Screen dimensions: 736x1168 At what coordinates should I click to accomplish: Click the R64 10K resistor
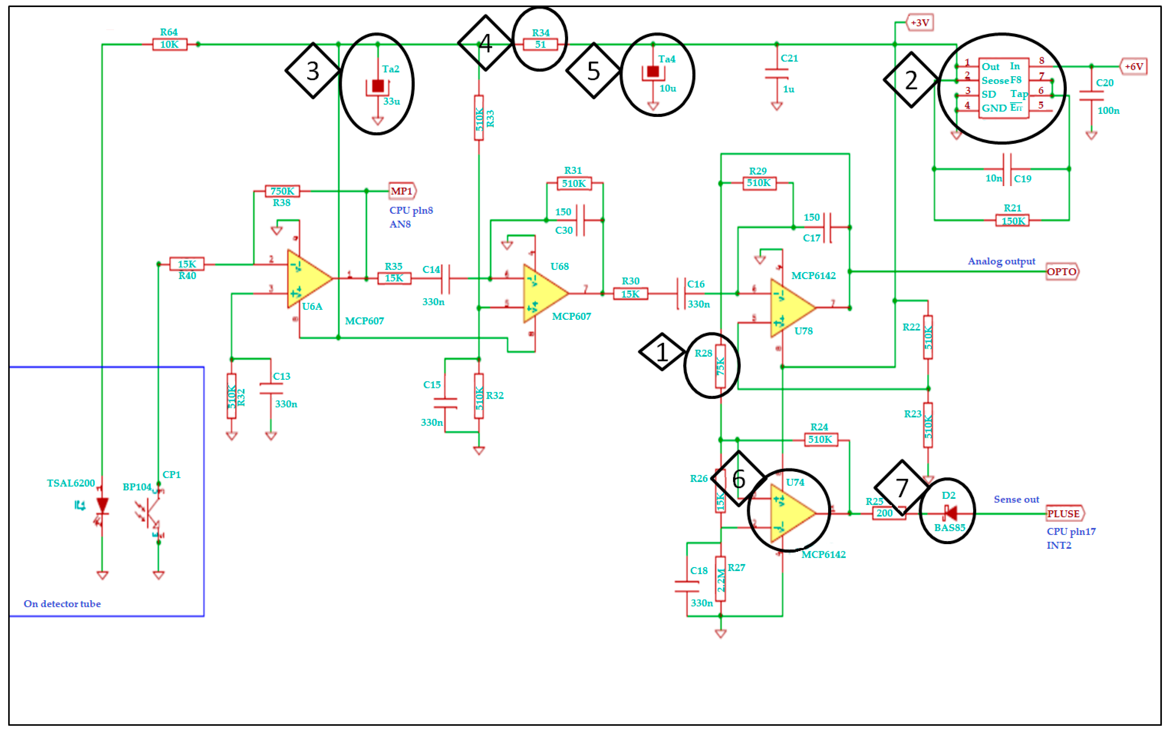(x=169, y=45)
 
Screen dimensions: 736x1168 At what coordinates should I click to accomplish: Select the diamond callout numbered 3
(x=313, y=71)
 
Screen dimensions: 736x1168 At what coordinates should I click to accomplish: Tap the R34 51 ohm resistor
(x=540, y=45)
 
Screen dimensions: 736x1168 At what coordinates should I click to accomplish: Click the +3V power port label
(x=920, y=23)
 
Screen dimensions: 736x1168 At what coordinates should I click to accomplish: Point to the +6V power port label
(x=1133, y=66)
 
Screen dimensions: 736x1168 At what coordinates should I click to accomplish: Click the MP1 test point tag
(x=402, y=191)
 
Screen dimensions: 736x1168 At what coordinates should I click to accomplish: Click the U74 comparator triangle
(x=790, y=513)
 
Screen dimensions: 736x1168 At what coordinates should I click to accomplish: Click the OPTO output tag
(x=1061, y=272)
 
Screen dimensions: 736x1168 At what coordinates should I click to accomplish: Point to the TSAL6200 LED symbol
(x=102, y=506)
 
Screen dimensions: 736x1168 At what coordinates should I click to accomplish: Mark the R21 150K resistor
(x=1012, y=221)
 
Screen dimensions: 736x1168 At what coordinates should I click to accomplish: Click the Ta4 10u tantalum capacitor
(x=653, y=72)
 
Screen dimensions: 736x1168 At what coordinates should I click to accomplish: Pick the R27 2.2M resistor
(x=721, y=579)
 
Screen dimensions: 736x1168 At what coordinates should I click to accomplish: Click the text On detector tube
(x=62, y=603)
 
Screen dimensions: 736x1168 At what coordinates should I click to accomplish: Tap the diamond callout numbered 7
(x=901, y=488)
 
